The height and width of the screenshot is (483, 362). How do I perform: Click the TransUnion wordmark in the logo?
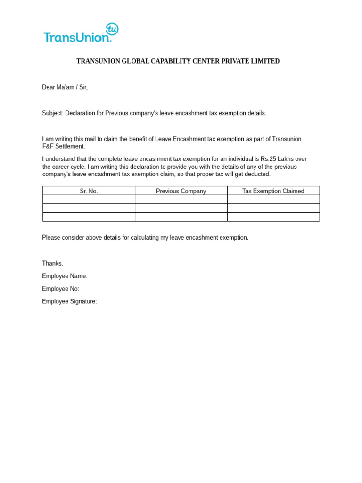(x=76, y=37)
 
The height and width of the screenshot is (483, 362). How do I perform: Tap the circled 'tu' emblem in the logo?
(x=112, y=29)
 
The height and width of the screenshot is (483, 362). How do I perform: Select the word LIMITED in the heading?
(x=266, y=61)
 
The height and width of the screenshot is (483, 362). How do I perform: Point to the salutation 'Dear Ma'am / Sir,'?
(x=65, y=87)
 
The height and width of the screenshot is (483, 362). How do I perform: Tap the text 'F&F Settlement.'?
(x=64, y=146)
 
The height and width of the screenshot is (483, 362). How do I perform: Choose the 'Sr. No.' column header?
(x=89, y=191)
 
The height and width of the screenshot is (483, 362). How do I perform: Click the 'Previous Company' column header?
(x=181, y=191)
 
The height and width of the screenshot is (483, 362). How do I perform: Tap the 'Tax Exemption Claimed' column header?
(x=273, y=191)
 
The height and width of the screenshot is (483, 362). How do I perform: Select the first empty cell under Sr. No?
(x=89, y=200)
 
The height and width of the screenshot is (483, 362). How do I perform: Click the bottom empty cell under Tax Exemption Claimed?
(x=273, y=217)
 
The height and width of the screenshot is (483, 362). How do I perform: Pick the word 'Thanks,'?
(x=52, y=263)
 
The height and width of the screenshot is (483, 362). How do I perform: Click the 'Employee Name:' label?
(x=65, y=276)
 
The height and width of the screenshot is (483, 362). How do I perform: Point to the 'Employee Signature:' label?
(x=69, y=301)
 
